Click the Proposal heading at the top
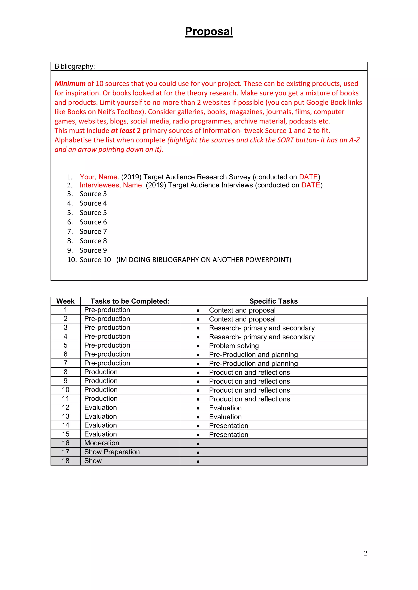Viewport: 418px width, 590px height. [x=209, y=32]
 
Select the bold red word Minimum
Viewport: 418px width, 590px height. [x=70, y=84]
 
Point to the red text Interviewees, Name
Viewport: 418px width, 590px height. [x=111, y=185]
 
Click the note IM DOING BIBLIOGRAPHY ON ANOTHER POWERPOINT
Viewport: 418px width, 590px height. [x=204, y=260]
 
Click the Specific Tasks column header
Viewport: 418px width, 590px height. [x=273, y=301]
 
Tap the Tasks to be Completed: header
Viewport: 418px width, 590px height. [x=130, y=301]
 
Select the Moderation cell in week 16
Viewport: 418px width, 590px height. [x=102, y=443]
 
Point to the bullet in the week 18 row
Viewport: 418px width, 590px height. [x=198, y=461]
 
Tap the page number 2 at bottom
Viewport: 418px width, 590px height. [x=365, y=553]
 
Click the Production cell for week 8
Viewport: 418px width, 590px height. [x=101, y=372]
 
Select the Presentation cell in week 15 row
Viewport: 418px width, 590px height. [x=229, y=435]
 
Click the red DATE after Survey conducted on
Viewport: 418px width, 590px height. [x=308, y=177]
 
